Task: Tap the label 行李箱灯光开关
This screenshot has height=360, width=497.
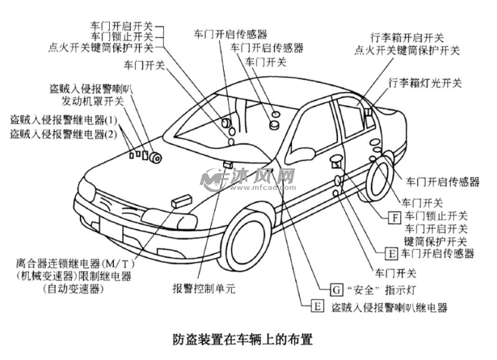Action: point(425,82)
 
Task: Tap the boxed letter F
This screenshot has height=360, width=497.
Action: point(395,216)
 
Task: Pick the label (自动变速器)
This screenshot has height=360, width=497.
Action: point(73,289)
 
